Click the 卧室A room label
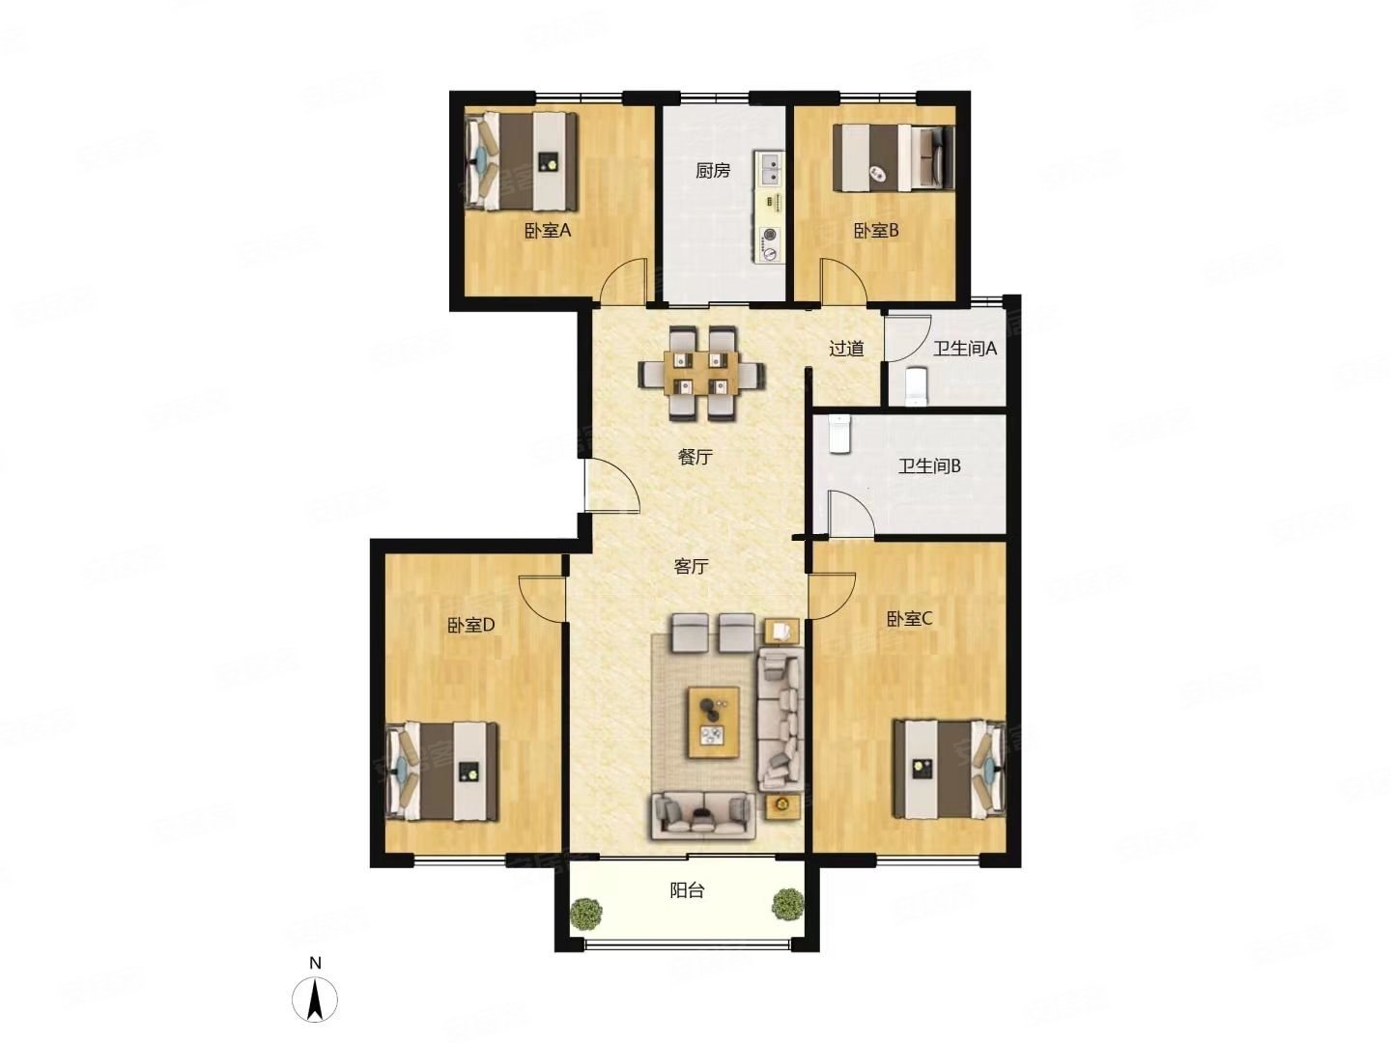tap(548, 231)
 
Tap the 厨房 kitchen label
tap(713, 170)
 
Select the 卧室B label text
tap(876, 231)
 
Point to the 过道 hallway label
tap(846, 349)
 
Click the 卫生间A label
tap(965, 349)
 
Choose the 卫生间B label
tap(929, 466)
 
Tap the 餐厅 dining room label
tap(695, 457)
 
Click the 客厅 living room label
tap(691, 566)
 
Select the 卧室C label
tap(909, 619)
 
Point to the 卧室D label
tap(470, 626)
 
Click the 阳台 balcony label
tap(687, 891)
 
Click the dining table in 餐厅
tap(701, 374)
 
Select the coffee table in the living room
tap(714, 722)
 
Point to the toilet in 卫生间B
tap(838, 434)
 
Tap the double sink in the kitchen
tap(770, 168)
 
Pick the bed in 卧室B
tap(894, 157)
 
